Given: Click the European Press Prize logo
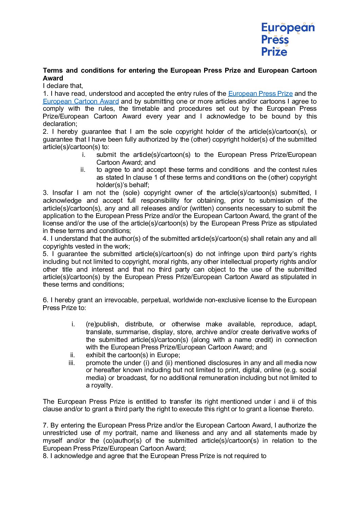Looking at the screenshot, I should pyautogui.click(x=288, y=39).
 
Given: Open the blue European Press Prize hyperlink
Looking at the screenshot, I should pyautogui.click(x=260, y=94).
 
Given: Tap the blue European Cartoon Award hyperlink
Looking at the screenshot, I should pyautogui.click(x=81, y=102).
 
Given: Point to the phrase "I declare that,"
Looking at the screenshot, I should pyautogui.click(x=63, y=86).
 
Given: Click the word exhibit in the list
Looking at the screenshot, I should pyautogui.click(x=95, y=355).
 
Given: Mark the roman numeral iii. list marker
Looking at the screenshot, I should pyautogui.click(x=72, y=363).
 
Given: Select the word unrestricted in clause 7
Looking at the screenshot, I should pyautogui.click(x=65, y=433).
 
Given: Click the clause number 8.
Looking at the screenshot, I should pyautogui.click(x=46, y=456).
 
